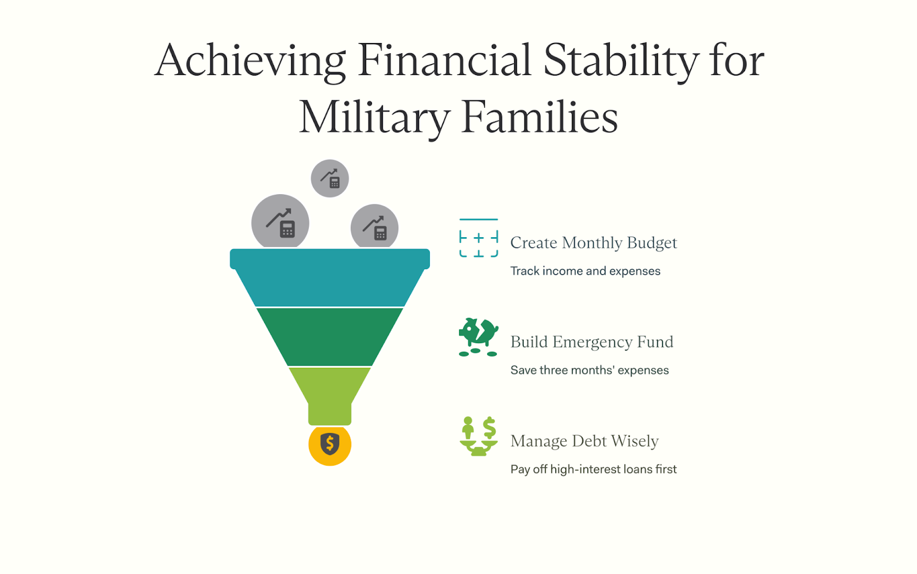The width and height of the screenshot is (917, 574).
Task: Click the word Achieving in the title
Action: pyautogui.click(x=250, y=61)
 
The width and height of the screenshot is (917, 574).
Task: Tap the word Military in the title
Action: pyautogui.click(x=374, y=117)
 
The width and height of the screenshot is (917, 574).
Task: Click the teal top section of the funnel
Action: pyautogui.click(x=330, y=277)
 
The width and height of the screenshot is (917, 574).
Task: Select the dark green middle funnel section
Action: pyautogui.click(x=330, y=337)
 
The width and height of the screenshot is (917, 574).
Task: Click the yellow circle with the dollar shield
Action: pyautogui.click(x=330, y=445)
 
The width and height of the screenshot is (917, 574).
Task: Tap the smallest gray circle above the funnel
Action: pyautogui.click(x=330, y=178)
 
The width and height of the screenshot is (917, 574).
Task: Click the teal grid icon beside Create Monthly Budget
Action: pyautogui.click(x=479, y=238)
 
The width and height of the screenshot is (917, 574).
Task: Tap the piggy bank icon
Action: pyautogui.click(x=479, y=337)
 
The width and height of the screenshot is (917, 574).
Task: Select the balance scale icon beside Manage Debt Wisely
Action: pyautogui.click(x=479, y=436)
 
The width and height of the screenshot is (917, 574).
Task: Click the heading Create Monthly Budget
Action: pyautogui.click(x=594, y=243)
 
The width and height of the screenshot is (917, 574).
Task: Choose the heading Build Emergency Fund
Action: pyautogui.click(x=592, y=341)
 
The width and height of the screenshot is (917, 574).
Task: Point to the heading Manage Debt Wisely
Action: pyautogui.click(x=585, y=441)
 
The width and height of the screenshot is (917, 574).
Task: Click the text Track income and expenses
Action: pyautogui.click(x=585, y=272)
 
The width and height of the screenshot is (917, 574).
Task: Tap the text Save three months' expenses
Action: pyautogui.click(x=590, y=370)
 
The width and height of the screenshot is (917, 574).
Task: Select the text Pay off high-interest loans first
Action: pyautogui.click(x=594, y=469)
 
